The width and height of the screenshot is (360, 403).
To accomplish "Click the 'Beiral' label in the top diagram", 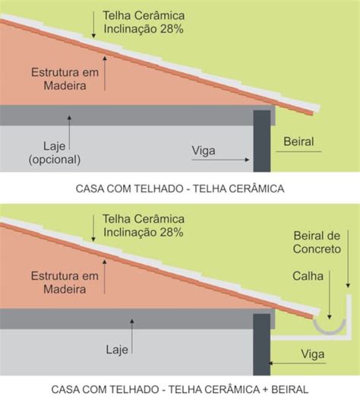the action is [298, 141].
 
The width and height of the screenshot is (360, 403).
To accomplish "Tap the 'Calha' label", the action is [308, 276].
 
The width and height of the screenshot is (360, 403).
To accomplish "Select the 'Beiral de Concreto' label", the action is [317, 242].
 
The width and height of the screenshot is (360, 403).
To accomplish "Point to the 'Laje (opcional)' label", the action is [55, 153].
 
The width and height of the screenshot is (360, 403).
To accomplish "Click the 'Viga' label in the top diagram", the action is [204, 151].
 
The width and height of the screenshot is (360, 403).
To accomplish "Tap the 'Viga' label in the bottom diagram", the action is [313, 354].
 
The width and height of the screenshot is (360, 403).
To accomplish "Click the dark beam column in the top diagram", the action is [262, 141].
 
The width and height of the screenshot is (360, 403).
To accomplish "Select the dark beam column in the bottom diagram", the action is [262, 344].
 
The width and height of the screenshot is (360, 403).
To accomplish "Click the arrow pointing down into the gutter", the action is [330, 294].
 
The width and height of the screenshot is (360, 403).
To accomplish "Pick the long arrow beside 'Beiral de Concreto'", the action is [348, 259].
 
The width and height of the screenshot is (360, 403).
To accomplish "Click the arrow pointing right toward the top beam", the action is [220, 160].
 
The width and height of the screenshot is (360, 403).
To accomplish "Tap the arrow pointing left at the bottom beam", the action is [297, 363].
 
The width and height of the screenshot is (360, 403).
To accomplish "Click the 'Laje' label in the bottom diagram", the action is [117, 350].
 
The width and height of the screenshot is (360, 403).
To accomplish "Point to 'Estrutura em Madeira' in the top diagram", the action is [65, 79].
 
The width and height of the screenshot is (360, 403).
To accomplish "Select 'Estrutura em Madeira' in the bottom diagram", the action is [65, 282].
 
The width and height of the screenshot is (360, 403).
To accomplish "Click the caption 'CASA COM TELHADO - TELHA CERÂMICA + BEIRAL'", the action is [180, 389].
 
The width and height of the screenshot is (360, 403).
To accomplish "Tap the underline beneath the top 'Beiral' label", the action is [298, 151].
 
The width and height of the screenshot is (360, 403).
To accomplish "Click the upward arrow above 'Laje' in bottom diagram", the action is [132, 336].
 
